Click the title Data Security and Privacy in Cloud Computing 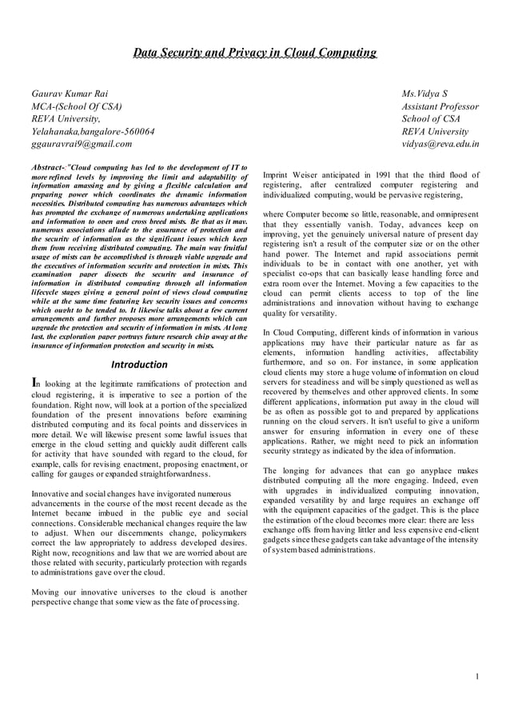254,54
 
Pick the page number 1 476,678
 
